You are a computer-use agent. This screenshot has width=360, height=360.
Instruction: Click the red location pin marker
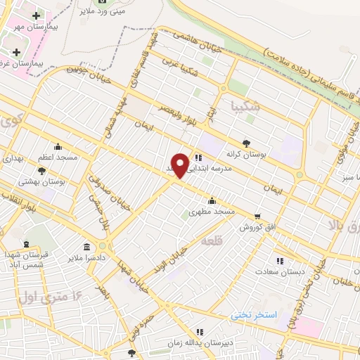click(x=180, y=165)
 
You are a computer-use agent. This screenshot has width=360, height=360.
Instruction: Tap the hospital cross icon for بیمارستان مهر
click(x=36, y=15)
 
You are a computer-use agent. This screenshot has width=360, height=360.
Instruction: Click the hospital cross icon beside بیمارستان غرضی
click(x=16, y=52)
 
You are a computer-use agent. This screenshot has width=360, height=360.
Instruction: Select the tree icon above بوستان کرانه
click(x=245, y=142)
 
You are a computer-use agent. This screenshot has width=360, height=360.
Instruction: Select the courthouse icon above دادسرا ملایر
click(x=86, y=247)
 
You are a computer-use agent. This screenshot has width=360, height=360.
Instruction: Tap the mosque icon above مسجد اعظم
click(x=58, y=148)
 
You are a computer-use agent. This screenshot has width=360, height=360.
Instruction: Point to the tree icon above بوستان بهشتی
click(x=41, y=171)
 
